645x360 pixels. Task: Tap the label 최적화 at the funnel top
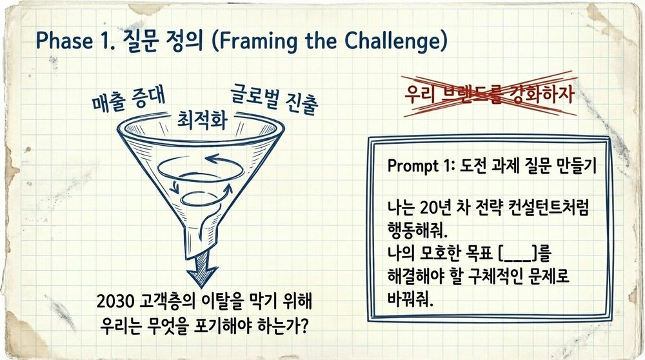click(202, 120)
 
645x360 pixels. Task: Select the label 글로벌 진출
click(274, 98)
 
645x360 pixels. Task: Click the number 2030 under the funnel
click(115, 302)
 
